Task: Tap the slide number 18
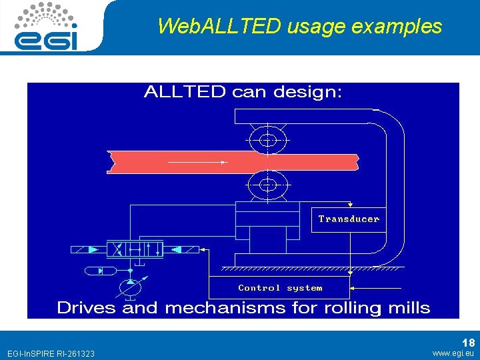(468, 343)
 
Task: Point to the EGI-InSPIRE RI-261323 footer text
(51, 353)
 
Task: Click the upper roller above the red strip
(267, 140)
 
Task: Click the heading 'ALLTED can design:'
(243, 92)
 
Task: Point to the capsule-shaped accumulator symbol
(101, 270)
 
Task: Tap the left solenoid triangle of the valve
(93, 249)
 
